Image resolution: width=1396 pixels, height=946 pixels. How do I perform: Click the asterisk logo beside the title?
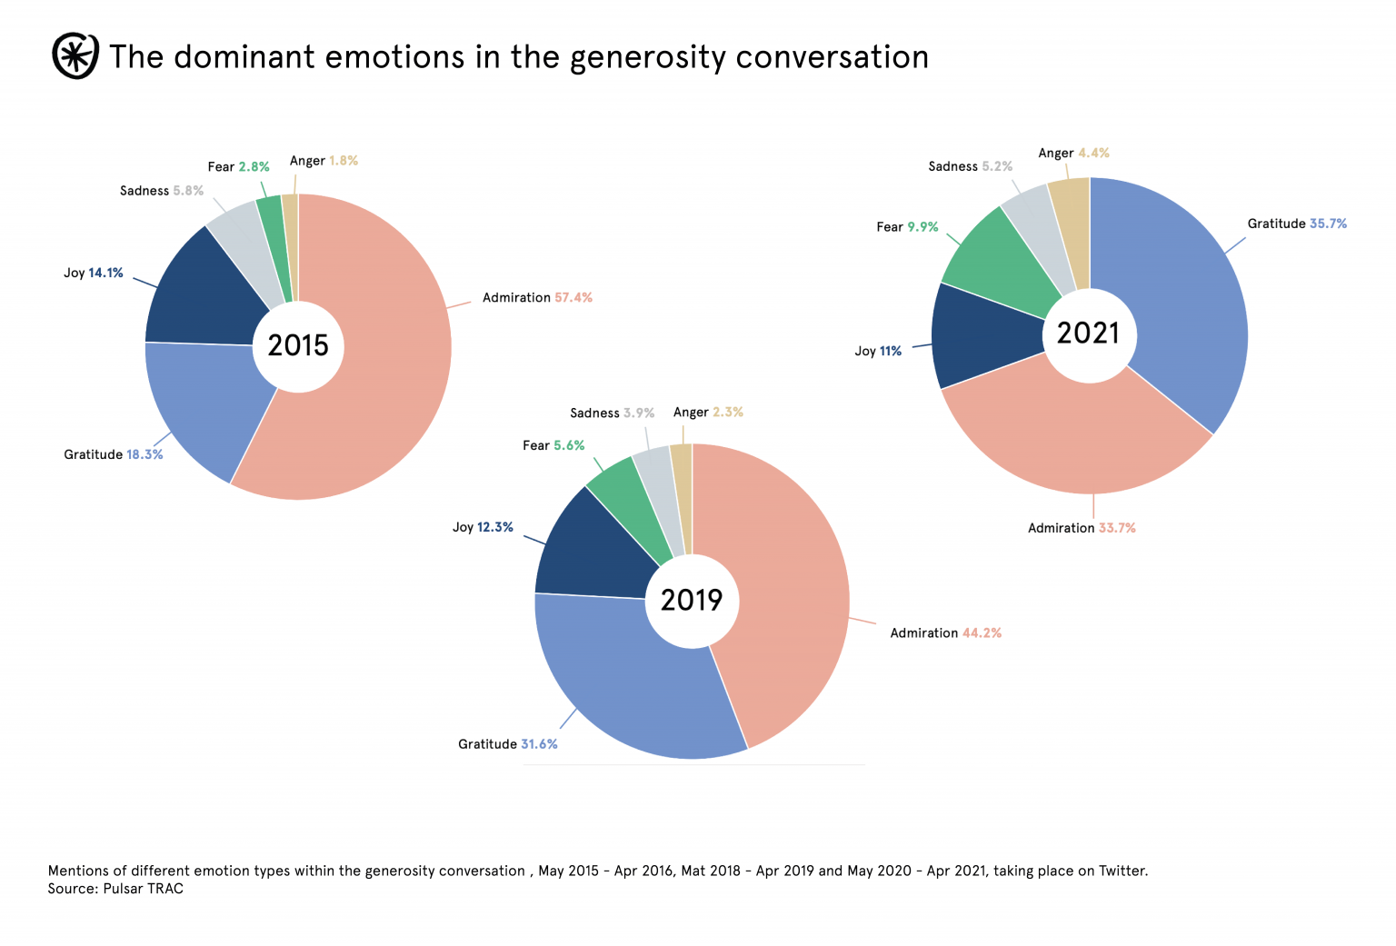pos(75,56)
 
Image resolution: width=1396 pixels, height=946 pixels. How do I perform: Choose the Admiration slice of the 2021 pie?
pos(1072,436)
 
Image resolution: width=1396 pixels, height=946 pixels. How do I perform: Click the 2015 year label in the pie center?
pos(298,346)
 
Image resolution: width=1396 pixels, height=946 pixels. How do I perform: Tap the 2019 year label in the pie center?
pos(692,601)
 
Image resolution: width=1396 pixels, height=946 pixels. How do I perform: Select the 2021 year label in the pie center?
pos(1088,334)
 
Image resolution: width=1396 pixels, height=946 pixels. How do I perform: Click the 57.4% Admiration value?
pos(573,298)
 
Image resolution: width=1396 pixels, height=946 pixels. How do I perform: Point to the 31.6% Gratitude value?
pos(539,744)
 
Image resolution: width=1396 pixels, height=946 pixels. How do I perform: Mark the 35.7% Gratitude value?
pos(1328,224)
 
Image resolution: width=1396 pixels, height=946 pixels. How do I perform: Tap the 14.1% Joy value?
pos(105,273)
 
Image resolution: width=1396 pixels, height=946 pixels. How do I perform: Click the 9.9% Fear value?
pos(922,227)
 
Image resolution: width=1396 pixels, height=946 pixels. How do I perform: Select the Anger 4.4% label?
pos(1073,154)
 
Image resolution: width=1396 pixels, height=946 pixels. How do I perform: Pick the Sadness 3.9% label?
pos(612,413)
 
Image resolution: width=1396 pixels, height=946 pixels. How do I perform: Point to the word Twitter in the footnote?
pos(1122,871)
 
